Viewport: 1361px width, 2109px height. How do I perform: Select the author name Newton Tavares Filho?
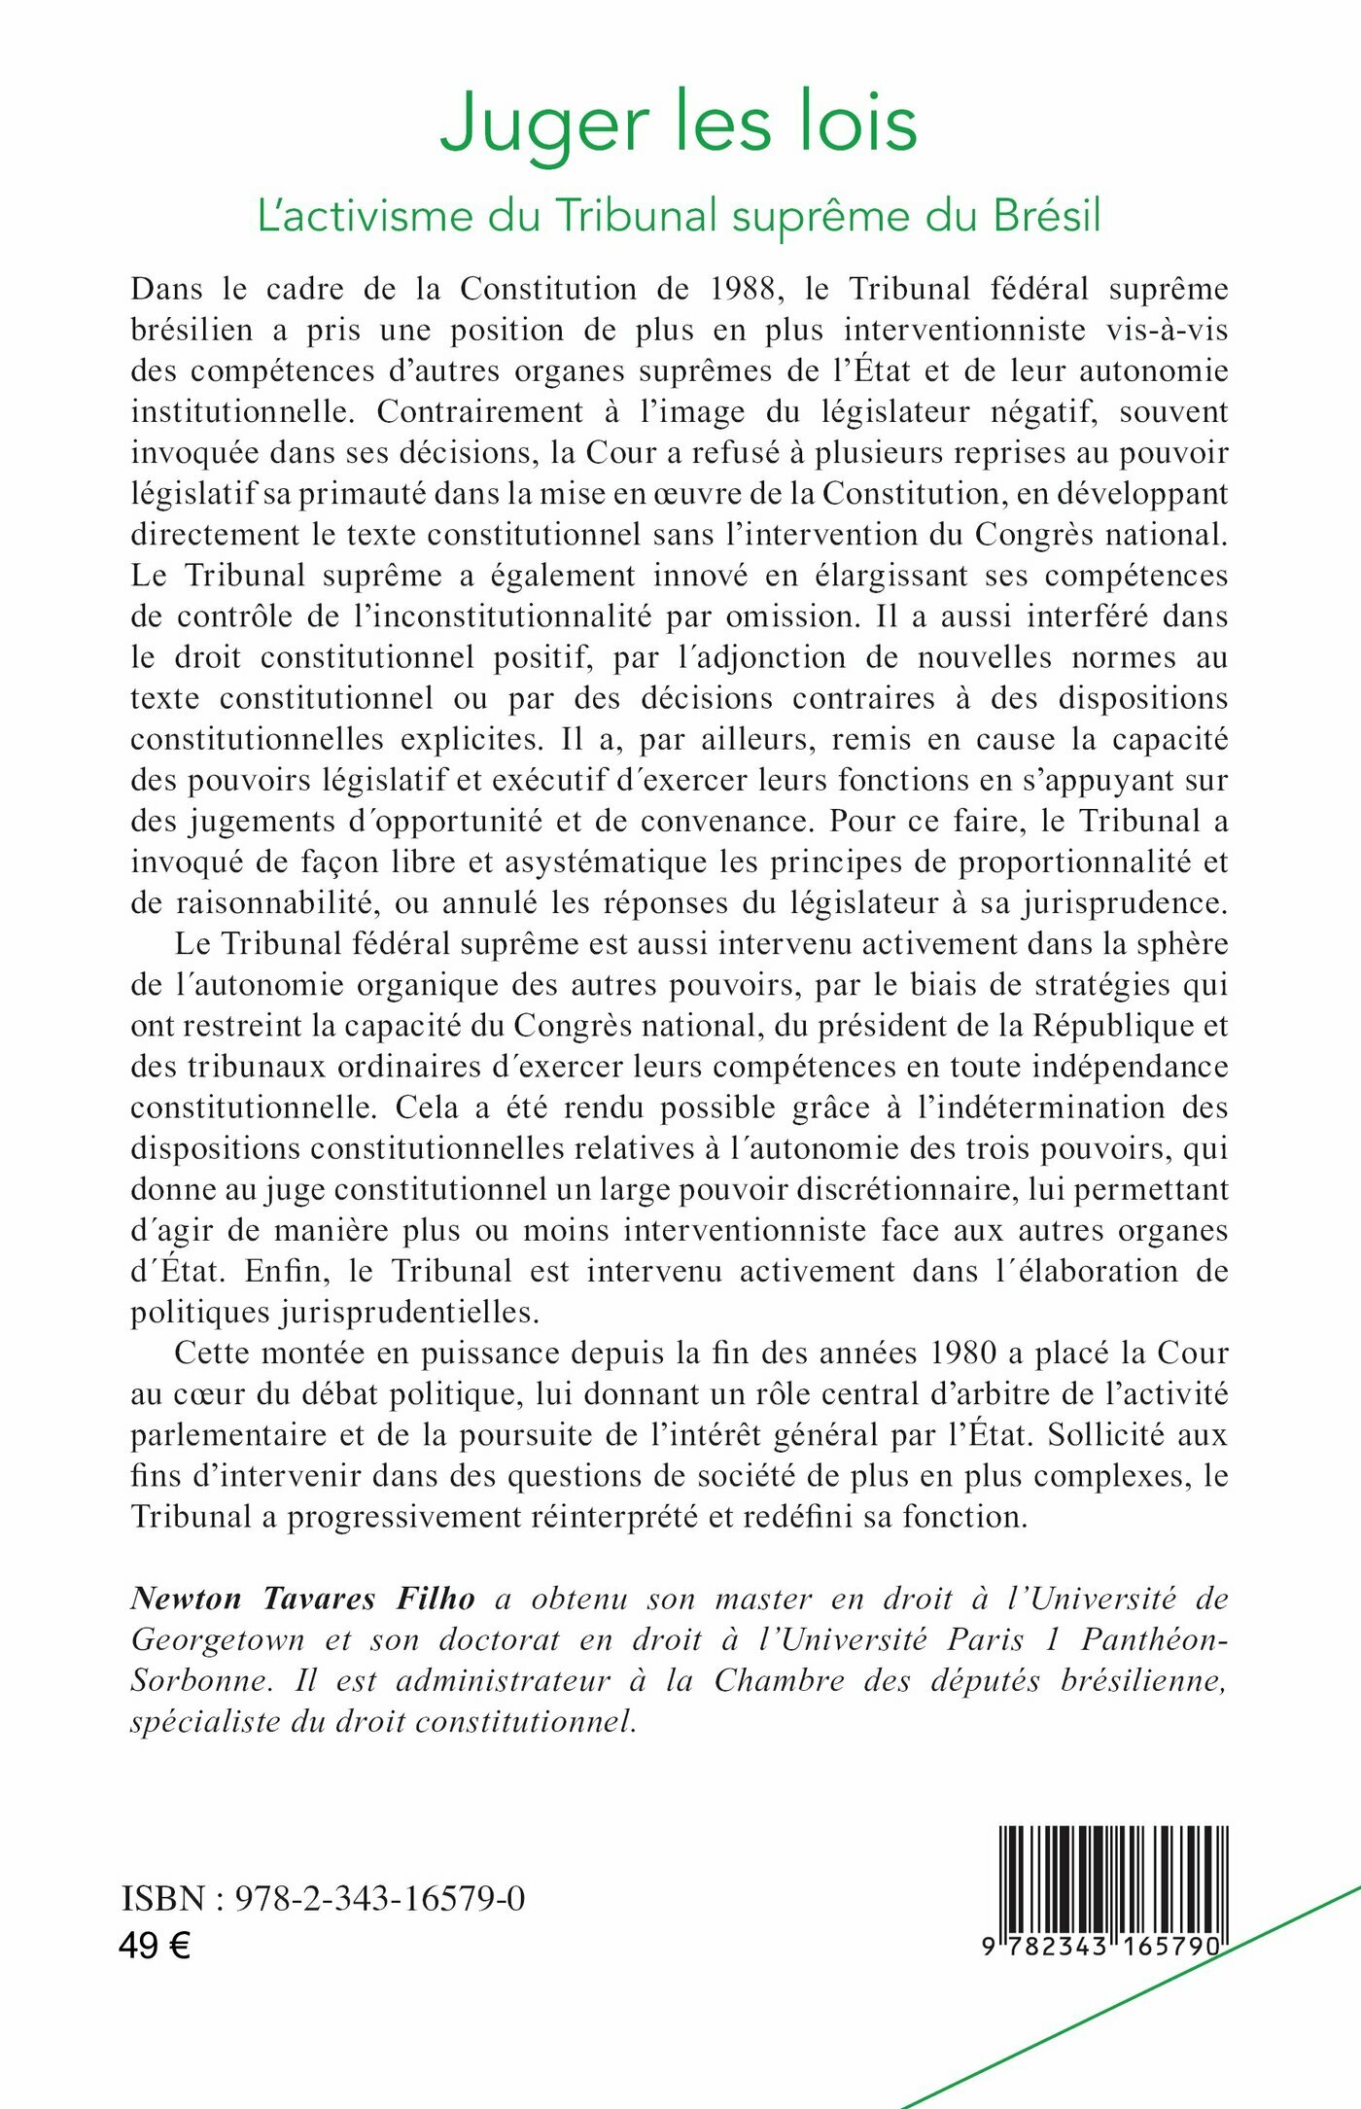(x=303, y=1599)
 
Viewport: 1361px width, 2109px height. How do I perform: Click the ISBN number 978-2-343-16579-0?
(x=379, y=1898)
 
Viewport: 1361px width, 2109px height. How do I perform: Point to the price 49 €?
(x=155, y=1946)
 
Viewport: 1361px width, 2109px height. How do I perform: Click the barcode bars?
(x=1113, y=1878)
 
